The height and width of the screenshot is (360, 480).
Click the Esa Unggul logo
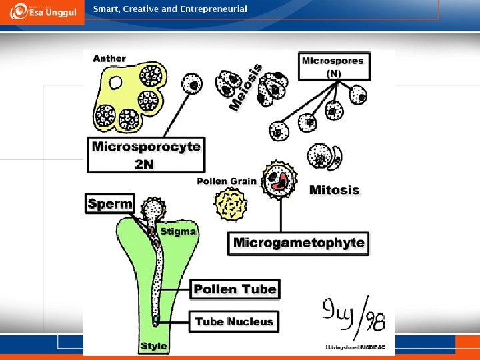tap(42, 13)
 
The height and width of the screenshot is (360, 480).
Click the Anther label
tap(109, 59)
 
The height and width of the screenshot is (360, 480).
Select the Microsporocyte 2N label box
tap(146, 154)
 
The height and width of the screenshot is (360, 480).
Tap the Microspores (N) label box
tap(333, 66)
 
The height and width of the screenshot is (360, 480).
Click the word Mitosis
tap(334, 190)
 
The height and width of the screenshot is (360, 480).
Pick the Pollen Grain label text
tap(227, 181)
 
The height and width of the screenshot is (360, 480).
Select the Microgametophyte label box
tap(299, 243)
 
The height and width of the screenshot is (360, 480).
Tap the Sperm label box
tap(110, 203)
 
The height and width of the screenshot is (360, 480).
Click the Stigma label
tap(178, 231)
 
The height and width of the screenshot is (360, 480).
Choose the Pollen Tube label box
tap(235, 289)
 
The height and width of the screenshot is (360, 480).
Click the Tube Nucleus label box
tap(234, 321)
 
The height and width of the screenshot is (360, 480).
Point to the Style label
tap(154, 346)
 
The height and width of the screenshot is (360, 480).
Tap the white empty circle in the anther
tap(116, 83)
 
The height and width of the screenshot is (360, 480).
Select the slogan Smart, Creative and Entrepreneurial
tap(170, 9)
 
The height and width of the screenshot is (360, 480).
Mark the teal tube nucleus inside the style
tap(155, 320)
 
